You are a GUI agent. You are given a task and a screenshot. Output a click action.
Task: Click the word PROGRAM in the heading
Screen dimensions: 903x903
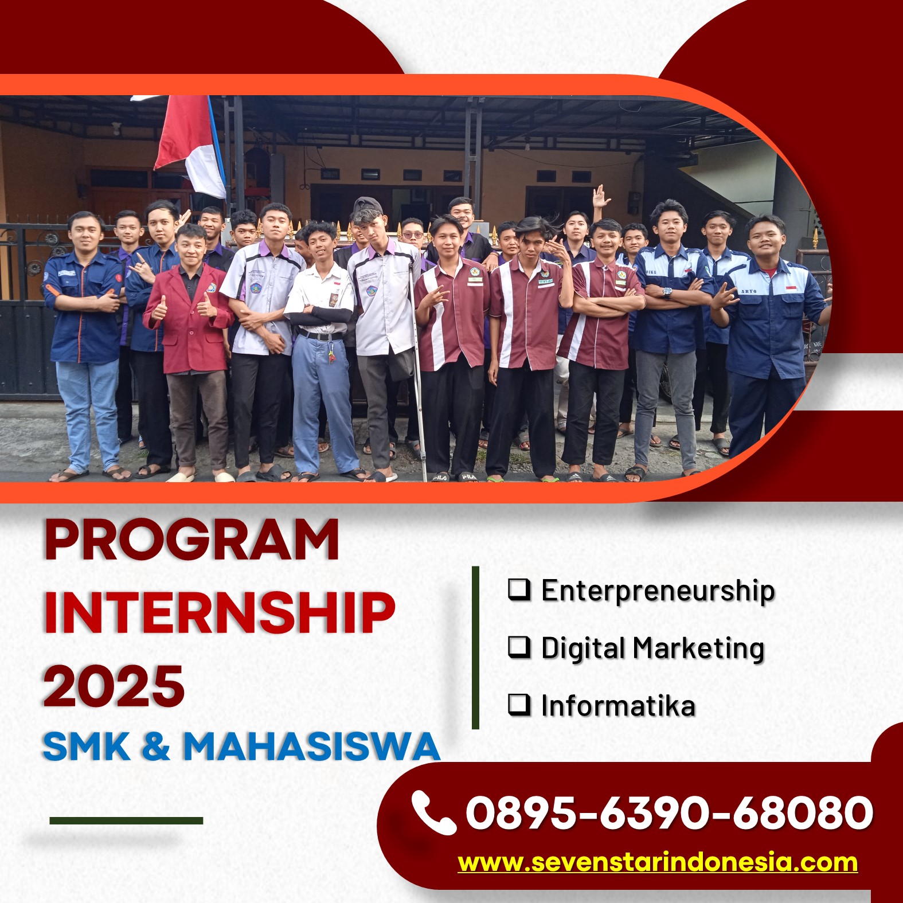coord(191,540)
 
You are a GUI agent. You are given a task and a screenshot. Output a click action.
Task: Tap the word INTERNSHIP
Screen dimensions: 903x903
coord(220,612)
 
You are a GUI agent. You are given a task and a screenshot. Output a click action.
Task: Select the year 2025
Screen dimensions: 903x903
coord(114,686)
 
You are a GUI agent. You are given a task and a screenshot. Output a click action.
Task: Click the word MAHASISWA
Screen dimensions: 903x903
coord(311,746)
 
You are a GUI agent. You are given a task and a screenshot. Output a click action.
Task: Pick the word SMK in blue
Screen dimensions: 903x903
coord(87,746)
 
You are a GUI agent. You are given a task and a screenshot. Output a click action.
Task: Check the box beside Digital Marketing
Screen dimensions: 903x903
coord(519,647)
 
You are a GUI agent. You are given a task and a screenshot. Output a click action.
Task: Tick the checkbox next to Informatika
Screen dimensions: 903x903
coord(519,705)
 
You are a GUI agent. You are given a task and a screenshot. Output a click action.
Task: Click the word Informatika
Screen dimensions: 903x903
coord(618,705)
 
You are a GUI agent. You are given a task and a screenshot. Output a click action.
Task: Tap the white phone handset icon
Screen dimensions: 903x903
coord(433,812)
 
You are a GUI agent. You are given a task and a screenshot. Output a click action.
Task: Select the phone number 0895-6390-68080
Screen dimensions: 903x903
coord(669,812)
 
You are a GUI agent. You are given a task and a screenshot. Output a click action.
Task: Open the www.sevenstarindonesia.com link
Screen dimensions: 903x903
coord(658,862)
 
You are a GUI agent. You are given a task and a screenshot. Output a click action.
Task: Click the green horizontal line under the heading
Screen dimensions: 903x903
coord(126,820)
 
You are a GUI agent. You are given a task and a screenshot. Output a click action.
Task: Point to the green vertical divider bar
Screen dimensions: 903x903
coord(475,648)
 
